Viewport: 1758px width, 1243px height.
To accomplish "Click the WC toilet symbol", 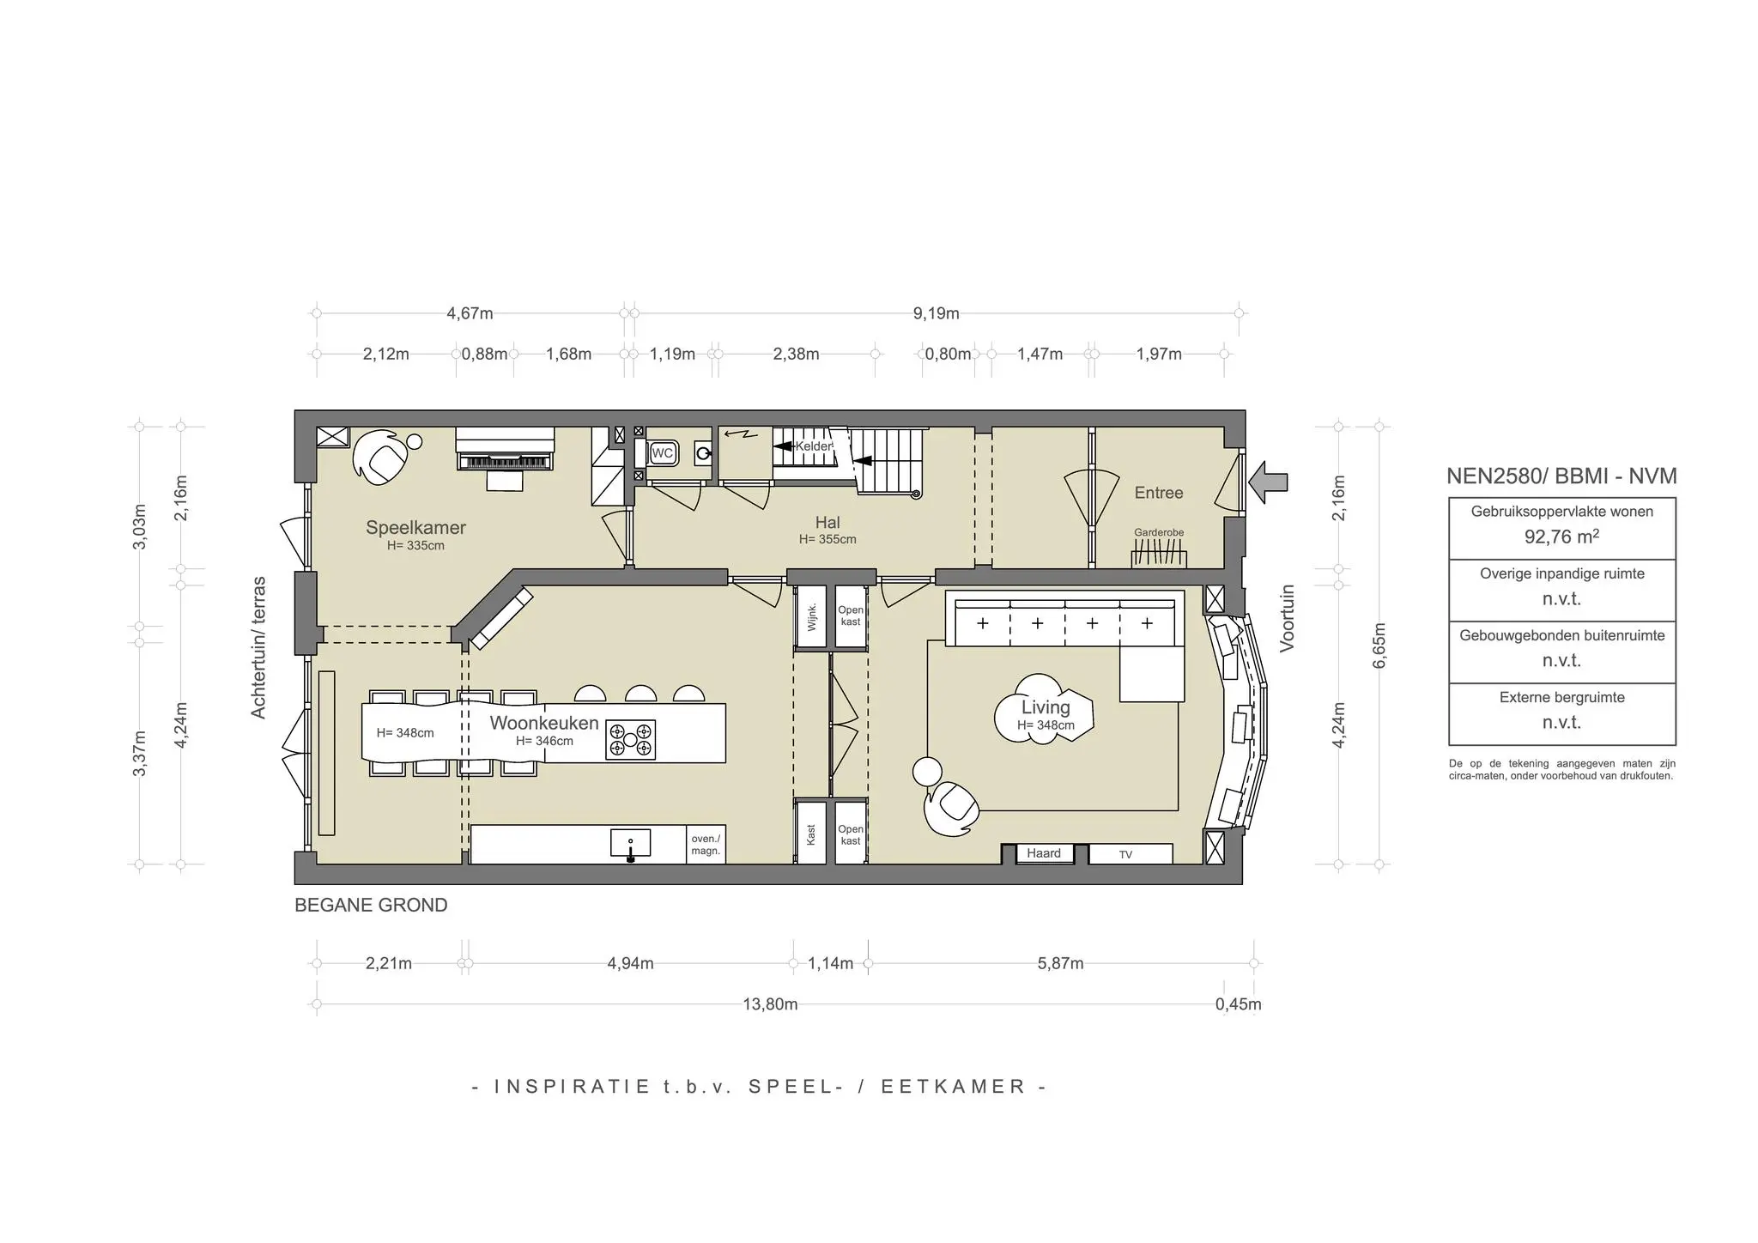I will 663,452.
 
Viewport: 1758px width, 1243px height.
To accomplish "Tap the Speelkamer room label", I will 415,527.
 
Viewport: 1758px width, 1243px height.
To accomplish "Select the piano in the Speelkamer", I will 505,449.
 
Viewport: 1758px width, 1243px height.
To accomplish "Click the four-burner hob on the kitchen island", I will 631,739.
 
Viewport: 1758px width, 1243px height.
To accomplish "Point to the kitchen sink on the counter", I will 631,844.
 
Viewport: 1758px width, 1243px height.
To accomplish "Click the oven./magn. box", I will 706,845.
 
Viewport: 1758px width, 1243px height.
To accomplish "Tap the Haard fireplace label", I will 1044,853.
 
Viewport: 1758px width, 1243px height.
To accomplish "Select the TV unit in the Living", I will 1130,854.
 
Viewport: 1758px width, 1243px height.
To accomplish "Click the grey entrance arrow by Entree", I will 1268,482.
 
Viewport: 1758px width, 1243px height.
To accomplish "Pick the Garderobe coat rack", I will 1159,556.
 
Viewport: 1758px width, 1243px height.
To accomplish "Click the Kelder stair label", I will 813,446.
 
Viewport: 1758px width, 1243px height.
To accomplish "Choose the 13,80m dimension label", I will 770,1004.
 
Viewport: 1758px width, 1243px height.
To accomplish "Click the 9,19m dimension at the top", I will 936,313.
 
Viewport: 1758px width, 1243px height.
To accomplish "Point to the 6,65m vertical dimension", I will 1379,645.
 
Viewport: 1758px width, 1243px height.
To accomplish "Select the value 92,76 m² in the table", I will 1561,537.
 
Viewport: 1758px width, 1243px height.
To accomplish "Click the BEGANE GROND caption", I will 371,906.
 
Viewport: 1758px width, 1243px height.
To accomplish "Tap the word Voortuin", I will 1287,619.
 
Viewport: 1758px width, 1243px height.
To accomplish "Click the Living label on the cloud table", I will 1046,707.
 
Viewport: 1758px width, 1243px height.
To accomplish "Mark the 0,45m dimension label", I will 1238,1004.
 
